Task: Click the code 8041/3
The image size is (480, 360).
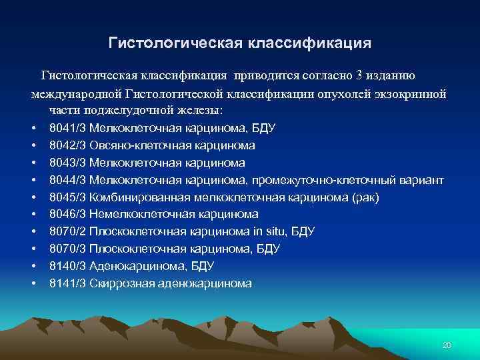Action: (67, 128)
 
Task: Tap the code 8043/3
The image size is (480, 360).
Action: (67, 163)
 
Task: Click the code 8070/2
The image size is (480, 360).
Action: (67, 232)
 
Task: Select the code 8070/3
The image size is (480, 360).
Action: (67, 249)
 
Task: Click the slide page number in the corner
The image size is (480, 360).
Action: (447, 345)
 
